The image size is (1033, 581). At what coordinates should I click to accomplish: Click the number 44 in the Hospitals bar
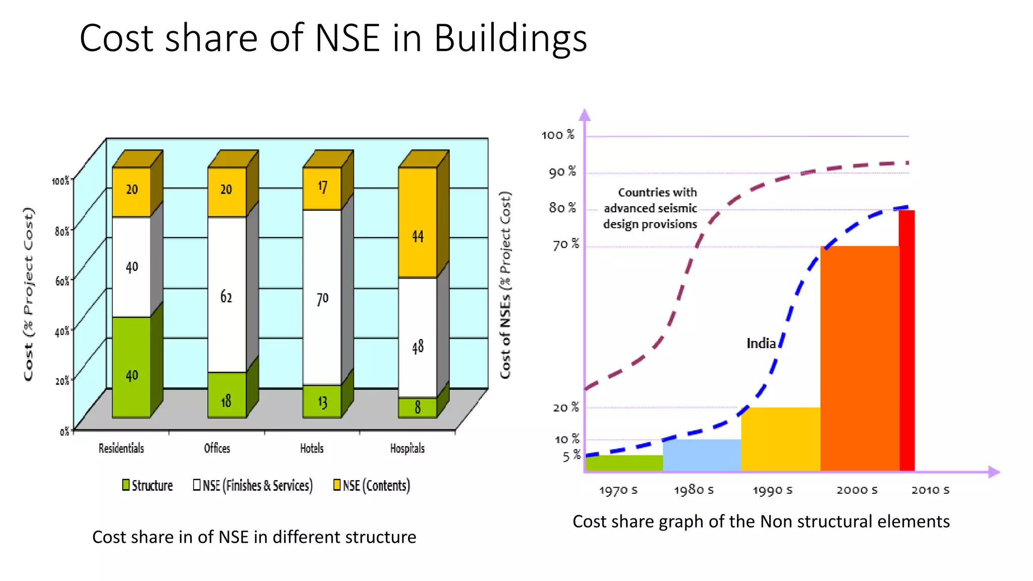point(418,236)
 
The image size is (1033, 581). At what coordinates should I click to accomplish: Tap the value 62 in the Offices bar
point(226,297)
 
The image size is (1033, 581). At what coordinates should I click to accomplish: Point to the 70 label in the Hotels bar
point(322,299)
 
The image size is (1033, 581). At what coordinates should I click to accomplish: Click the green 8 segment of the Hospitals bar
point(418,408)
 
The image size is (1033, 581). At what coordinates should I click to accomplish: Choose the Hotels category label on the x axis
point(312,448)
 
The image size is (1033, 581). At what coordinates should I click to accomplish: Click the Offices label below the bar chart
point(217,448)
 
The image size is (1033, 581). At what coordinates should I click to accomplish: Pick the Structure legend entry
point(147,485)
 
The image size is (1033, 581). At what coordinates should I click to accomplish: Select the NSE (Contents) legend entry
point(372,485)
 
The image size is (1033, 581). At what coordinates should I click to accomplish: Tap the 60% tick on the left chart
point(62,281)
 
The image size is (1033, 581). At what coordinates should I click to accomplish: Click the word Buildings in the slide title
point(510,38)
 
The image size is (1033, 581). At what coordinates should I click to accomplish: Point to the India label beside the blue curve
point(761,343)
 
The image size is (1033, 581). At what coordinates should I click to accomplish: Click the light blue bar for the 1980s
point(702,455)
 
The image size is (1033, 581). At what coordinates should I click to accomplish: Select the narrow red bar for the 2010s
point(907,340)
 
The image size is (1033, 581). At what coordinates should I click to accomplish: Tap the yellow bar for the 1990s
point(780,439)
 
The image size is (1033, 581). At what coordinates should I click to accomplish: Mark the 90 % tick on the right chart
point(562,172)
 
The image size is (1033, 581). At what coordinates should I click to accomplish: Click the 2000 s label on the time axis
point(857,490)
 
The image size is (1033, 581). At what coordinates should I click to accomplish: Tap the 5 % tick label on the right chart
point(571,456)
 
